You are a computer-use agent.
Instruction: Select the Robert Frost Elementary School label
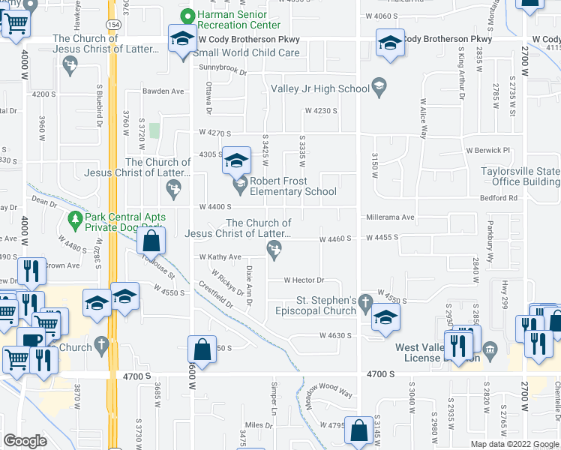tap(293, 186)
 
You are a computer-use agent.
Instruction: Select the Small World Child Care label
tap(247, 52)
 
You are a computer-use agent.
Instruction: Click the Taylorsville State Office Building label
tap(520, 176)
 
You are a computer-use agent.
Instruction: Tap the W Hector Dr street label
tap(304, 280)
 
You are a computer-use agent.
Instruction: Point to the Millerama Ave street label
tap(390, 217)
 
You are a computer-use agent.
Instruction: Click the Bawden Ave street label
tap(164, 91)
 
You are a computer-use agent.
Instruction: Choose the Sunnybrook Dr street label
tap(223, 70)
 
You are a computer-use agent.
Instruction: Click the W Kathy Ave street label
tap(220, 256)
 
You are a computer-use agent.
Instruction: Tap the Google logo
tap(25, 441)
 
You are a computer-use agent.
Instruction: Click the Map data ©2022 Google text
tap(515, 444)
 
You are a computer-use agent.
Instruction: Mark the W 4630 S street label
tap(334, 335)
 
